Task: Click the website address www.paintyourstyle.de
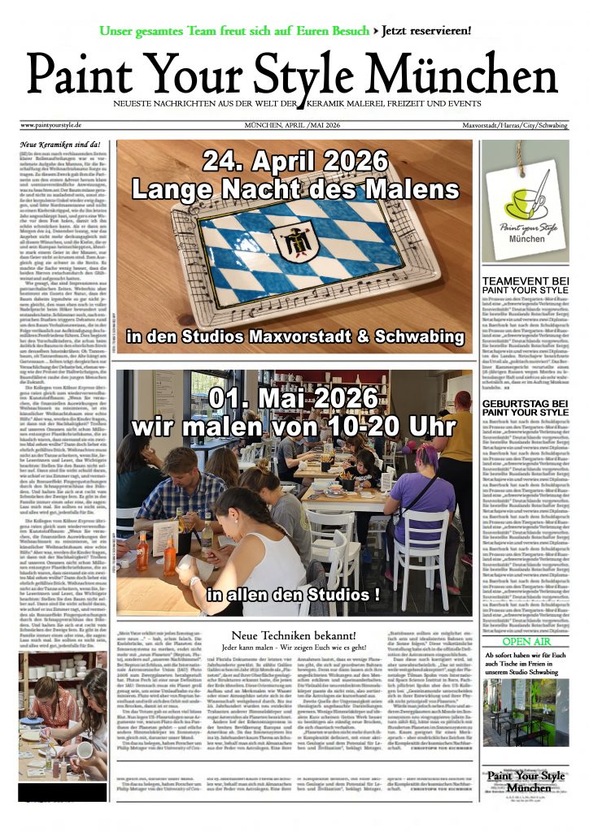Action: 50,125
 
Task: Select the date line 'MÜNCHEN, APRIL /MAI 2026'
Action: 292,125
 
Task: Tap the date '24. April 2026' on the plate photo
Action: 294,162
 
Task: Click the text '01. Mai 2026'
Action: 294,399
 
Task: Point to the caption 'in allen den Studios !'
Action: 294,594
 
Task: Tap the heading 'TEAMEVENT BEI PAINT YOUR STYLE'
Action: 526,285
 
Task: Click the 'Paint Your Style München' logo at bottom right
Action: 525,782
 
